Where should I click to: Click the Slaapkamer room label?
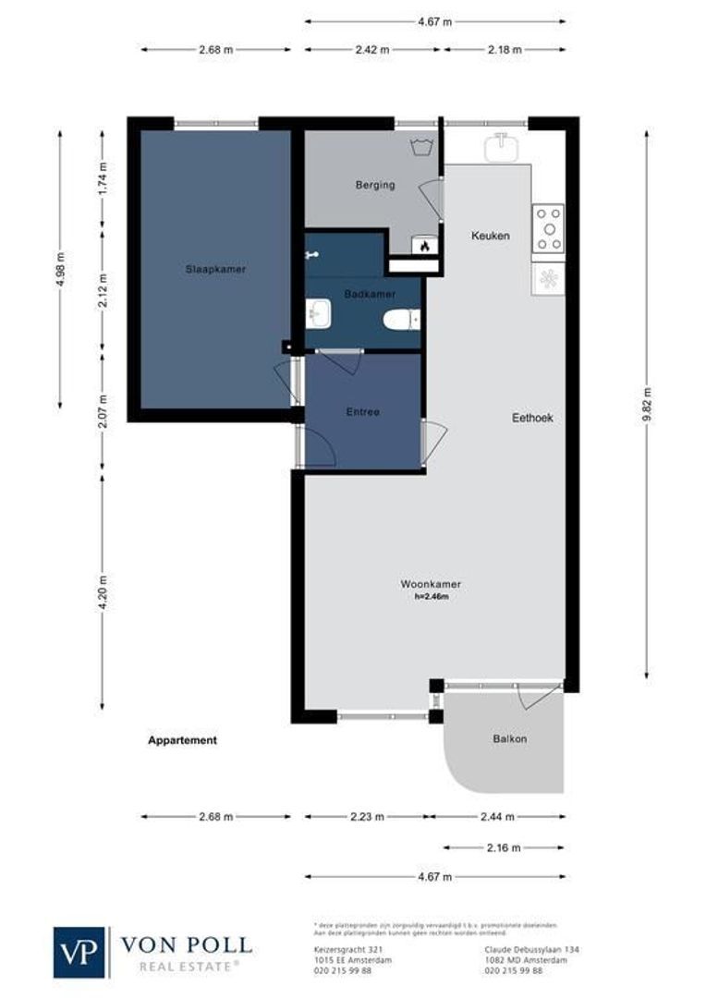pos(214,269)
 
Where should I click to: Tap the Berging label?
pos(375,185)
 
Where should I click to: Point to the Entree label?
pos(363,412)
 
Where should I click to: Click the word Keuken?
pos(490,236)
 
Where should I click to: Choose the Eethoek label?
pos(532,418)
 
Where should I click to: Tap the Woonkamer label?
pos(431,584)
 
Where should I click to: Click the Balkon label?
pos(510,739)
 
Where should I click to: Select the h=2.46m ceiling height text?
pos(431,597)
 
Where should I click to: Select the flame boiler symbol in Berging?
pos(424,246)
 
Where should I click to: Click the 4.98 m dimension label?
pos(61,270)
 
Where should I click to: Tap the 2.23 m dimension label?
pos(367,817)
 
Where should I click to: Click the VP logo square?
pos(79,952)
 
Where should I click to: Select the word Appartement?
pos(182,740)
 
